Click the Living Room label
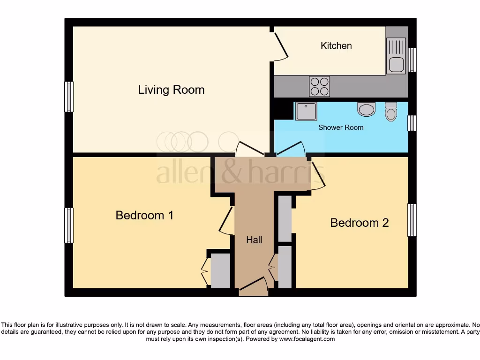[x=171, y=90]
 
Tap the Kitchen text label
[x=336, y=45]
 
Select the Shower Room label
[x=341, y=127]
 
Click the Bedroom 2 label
[x=360, y=223]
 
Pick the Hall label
[x=255, y=240]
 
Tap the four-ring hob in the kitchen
[x=319, y=86]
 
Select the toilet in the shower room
[x=390, y=112]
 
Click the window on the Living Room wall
[x=69, y=97]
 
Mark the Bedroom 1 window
[x=69, y=225]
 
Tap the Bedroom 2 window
[x=412, y=220]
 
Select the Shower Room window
[x=412, y=123]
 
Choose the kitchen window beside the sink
[x=412, y=60]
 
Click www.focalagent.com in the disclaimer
[x=307, y=338]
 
